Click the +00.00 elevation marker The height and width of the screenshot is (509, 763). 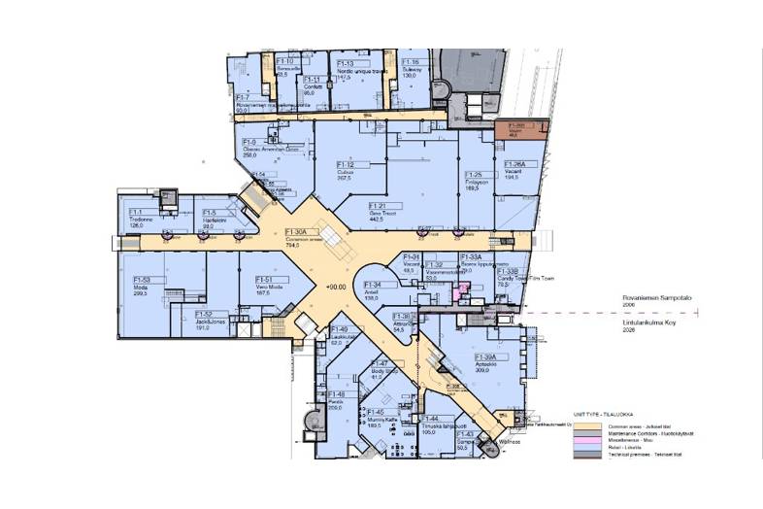[337, 288]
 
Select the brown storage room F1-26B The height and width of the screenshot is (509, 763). [515, 130]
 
